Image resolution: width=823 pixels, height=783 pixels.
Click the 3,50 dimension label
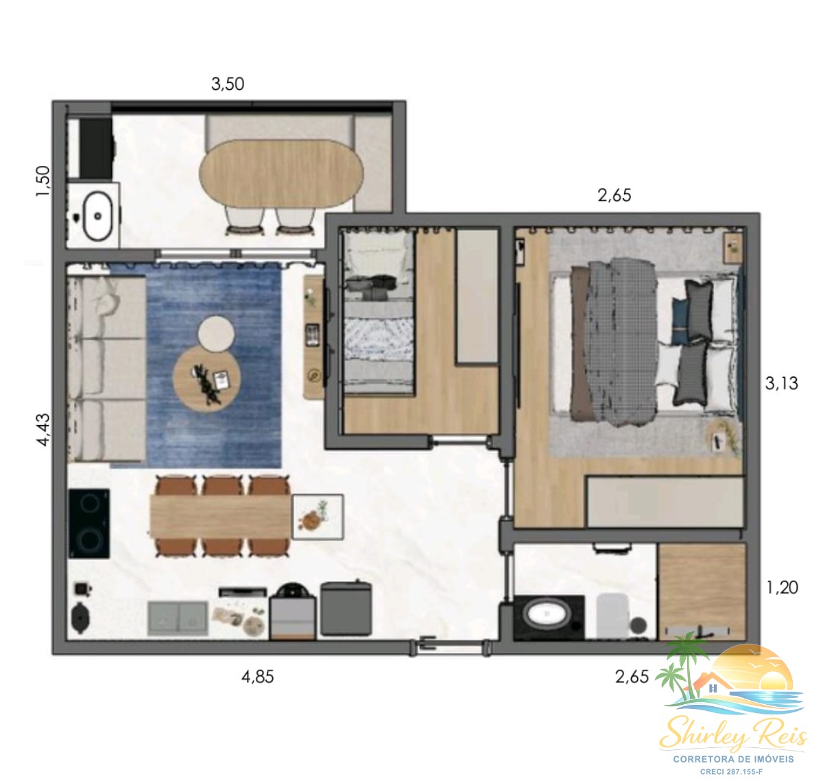(x=227, y=84)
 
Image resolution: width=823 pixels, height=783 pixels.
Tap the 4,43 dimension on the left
(x=43, y=430)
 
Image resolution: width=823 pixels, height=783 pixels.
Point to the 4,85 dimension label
(x=257, y=677)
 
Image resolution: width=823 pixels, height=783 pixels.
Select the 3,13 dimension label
(x=781, y=383)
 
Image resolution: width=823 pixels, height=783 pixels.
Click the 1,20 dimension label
(x=782, y=588)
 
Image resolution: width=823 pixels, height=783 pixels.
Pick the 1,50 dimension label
(x=43, y=181)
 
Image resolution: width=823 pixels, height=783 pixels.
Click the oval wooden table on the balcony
(x=281, y=173)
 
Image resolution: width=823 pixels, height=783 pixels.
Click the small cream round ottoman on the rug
(x=216, y=333)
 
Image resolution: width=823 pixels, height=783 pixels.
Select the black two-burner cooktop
(x=89, y=523)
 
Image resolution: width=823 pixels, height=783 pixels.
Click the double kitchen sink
(x=178, y=618)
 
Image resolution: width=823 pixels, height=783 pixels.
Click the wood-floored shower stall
(x=702, y=591)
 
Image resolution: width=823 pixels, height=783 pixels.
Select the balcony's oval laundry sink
(x=97, y=216)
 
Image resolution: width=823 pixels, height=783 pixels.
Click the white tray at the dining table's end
(x=318, y=517)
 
